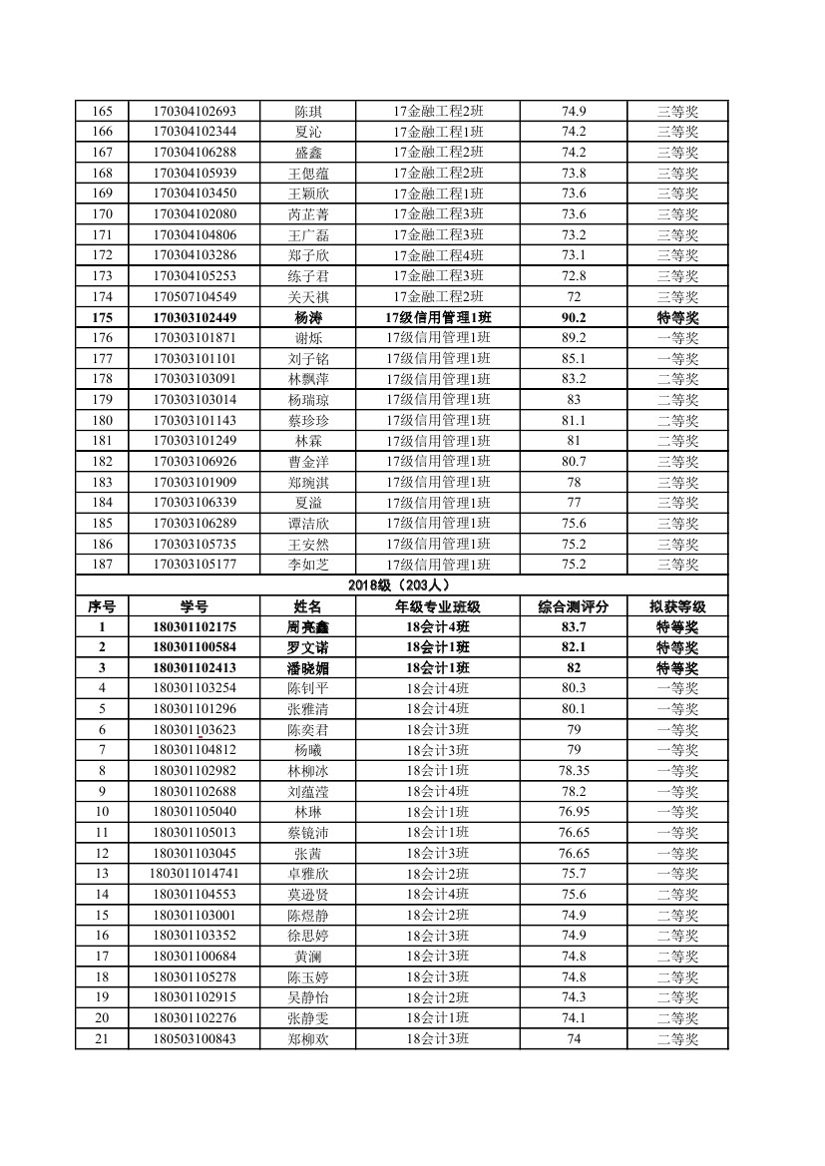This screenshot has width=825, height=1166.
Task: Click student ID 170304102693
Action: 195,111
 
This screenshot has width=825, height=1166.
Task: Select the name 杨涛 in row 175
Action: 307,317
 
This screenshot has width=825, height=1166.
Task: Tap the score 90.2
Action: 574,317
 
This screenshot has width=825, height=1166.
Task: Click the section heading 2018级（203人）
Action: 401,585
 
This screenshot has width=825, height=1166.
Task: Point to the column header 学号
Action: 195,606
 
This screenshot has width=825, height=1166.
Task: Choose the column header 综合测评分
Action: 574,606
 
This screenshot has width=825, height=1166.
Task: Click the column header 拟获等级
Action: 677,606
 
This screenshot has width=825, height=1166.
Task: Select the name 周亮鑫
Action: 307,626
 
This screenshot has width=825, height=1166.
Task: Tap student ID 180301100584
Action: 195,647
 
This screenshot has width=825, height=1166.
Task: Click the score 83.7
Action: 574,626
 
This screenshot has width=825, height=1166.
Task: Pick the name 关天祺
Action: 307,296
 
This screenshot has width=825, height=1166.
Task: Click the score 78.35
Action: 574,771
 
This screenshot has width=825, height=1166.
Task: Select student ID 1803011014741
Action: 195,874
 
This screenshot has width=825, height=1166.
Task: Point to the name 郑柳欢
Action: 307,1039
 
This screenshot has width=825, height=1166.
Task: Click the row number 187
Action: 102,565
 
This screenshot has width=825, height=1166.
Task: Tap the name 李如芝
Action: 307,565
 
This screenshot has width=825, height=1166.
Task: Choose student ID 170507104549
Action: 195,296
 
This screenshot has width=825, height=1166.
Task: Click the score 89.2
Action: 574,337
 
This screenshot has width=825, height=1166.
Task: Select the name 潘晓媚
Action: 307,667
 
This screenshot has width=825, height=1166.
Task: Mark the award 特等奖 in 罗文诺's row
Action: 677,647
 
